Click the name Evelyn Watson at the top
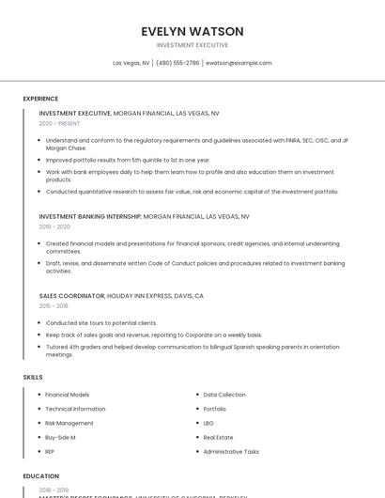tap(192, 31)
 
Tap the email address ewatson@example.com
tap(239, 63)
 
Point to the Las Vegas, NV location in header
tap(131, 63)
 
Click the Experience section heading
tap(40, 99)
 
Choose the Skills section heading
tap(33, 377)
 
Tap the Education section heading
tap(41, 476)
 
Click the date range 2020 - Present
tap(59, 123)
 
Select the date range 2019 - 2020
tap(54, 226)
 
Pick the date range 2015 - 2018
tap(54, 305)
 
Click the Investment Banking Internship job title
tap(90, 216)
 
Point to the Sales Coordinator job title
tap(71, 295)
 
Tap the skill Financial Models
tap(68, 395)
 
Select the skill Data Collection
tap(224, 395)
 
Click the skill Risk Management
tap(69, 423)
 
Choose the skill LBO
tap(208, 423)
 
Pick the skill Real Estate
tap(218, 437)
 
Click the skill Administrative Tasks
tap(231, 451)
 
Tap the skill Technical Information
tap(75, 409)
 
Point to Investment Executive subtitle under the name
tap(192, 44)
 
